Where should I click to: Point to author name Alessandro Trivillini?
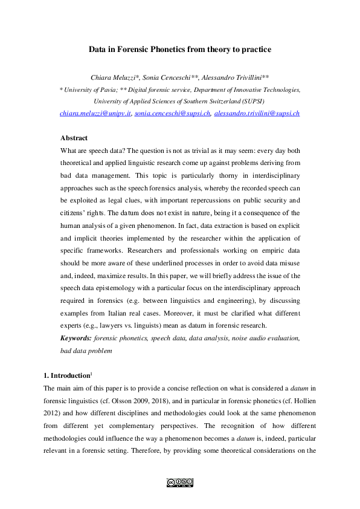[x=234, y=77]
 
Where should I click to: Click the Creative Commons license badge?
[x=179, y=482]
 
